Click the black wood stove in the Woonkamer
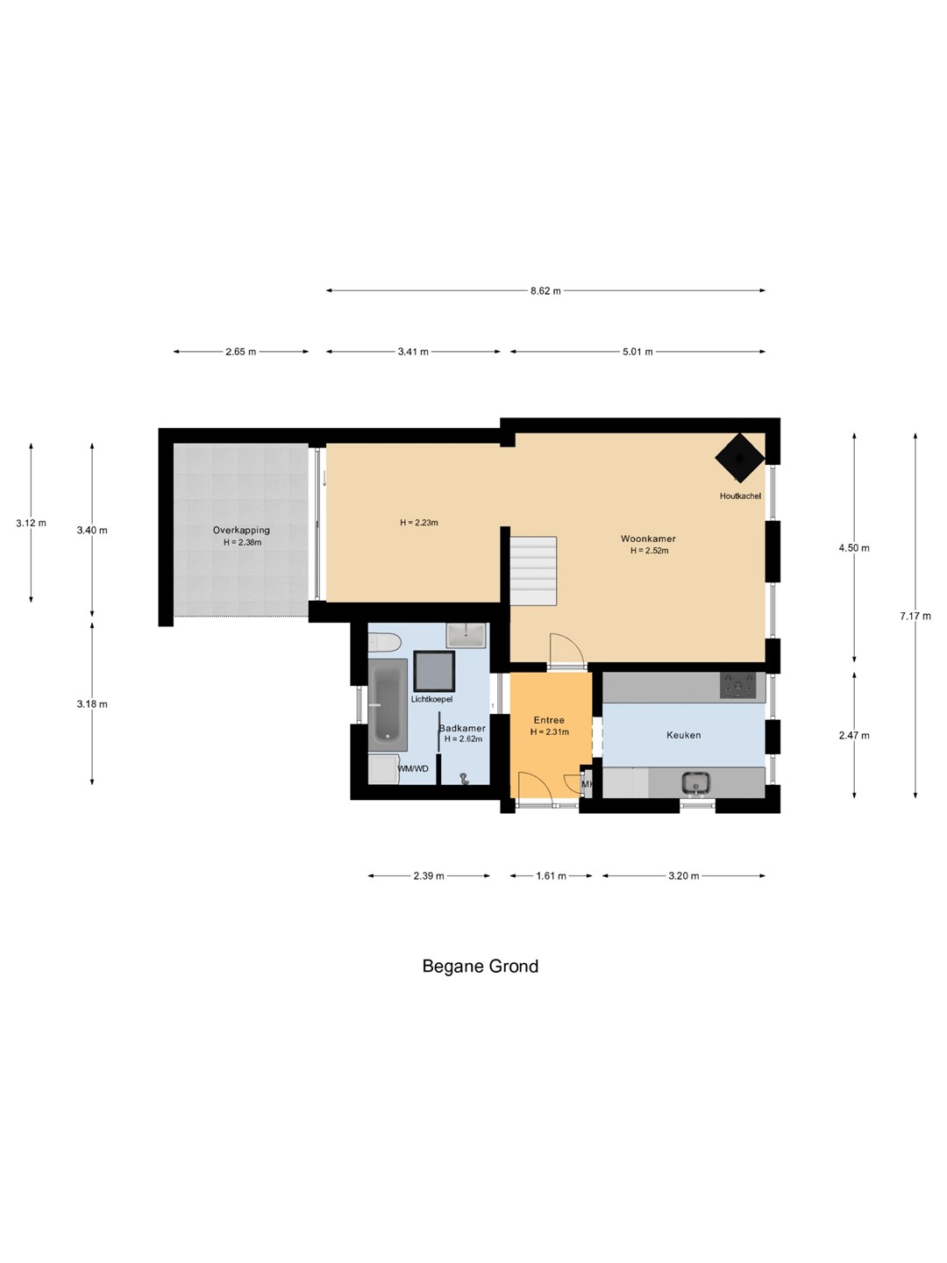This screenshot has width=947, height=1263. coord(739,458)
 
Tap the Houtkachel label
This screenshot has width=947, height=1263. coord(740,496)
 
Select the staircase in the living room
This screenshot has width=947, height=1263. coord(534,570)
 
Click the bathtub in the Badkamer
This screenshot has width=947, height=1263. coord(388,705)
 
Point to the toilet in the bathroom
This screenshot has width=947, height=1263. coord(383,642)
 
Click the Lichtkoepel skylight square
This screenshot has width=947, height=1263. coord(434,671)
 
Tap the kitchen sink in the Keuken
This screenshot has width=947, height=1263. coord(696,783)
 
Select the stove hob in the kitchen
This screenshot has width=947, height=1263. coord(737,686)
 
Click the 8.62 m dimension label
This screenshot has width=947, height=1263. coord(545,290)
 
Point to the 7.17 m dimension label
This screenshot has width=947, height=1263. coord(915,616)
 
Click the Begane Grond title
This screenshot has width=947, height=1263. coord(481,966)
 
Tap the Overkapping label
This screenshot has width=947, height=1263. coord(241,530)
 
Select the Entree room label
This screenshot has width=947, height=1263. coord(549,720)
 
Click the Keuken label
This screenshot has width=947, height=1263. coord(684,735)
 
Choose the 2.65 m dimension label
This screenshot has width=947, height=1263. coord(240,352)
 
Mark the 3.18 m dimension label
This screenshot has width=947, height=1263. coord(92,703)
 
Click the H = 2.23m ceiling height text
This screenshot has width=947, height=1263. coord(419,523)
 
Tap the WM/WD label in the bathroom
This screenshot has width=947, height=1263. coord(413,768)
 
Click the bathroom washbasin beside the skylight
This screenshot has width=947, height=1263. coord(466,635)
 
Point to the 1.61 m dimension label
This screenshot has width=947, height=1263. coord(551,875)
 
